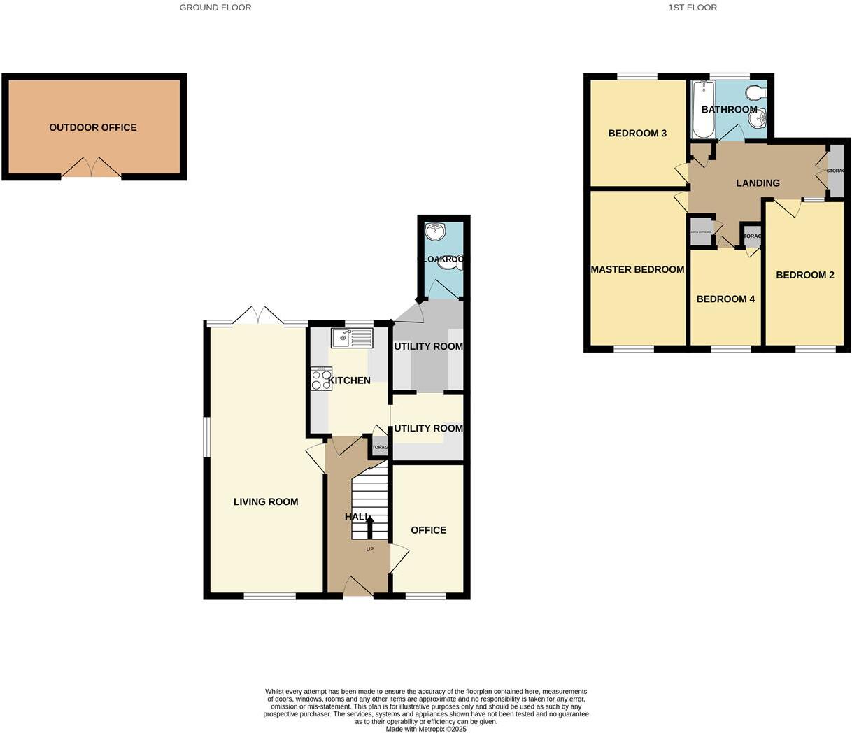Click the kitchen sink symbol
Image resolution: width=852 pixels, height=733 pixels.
pos(352,339)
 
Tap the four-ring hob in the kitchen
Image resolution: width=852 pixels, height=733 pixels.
pos(321,378)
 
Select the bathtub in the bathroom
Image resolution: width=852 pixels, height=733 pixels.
pos(703,110)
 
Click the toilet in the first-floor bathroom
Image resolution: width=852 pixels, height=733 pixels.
pos(755,94)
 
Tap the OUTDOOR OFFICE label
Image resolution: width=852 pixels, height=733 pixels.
pos(93,127)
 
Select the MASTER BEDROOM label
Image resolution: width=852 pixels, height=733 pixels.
pos(637,269)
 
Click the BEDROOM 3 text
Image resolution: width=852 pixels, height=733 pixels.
pos(637,133)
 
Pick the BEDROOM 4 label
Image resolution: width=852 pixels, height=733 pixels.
pos(725,299)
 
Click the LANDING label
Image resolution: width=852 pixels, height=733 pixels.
pos(758,183)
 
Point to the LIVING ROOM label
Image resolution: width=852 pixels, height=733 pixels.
pos(266,501)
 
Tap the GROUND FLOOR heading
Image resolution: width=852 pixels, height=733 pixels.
pos(215,8)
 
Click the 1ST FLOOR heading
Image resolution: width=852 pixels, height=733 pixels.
pos(693,8)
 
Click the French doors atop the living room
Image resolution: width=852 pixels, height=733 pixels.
pos(259,315)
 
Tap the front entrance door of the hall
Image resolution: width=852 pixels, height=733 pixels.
pos(357,587)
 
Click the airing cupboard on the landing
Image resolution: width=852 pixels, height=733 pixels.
pos(701,232)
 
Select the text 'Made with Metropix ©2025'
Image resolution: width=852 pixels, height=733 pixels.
pos(426,728)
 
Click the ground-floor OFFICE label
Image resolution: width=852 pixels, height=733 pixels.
pos(428,530)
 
